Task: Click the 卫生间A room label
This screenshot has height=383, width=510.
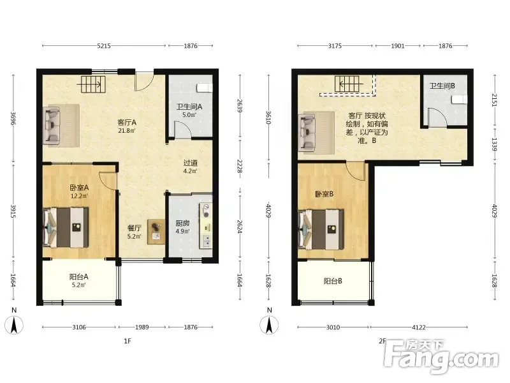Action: click(x=189, y=107)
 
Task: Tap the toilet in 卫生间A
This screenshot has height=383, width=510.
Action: click(x=204, y=87)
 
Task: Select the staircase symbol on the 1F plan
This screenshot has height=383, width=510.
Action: click(x=92, y=84)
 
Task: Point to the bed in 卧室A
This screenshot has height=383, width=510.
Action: click(x=66, y=227)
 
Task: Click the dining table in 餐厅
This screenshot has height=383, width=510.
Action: click(x=156, y=231)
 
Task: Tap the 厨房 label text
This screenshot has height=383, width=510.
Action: click(x=182, y=223)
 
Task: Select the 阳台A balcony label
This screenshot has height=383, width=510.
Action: click(x=78, y=277)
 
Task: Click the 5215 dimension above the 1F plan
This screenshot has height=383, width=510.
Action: click(x=104, y=46)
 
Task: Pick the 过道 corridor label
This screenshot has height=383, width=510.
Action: click(x=190, y=163)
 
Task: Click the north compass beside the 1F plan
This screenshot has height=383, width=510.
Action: click(x=14, y=322)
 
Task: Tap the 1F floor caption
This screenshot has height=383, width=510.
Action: click(x=127, y=341)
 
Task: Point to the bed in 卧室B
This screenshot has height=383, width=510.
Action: click(x=321, y=230)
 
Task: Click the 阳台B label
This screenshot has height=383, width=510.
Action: click(x=333, y=281)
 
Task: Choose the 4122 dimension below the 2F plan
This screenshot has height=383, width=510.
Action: click(x=419, y=327)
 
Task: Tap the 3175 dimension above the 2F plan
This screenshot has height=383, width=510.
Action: click(x=335, y=46)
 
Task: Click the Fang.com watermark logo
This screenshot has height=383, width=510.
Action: click(x=441, y=357)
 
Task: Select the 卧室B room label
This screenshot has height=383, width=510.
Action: click(x=324, y=194)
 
